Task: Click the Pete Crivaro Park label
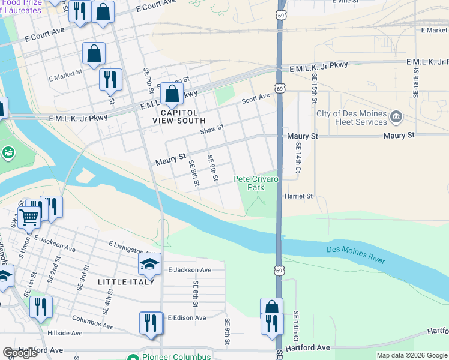click(x=256, y=183)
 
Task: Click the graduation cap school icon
click(x=149, y=264)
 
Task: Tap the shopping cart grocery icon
click(x=28, y=217)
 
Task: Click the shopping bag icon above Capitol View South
click(x=172, y=94)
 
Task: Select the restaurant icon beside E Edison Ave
click(x=150, y=323)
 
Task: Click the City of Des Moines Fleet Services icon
click(x=396, y=116)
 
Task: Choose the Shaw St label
click(x=212, y=128)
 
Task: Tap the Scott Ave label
click(x=256, y=99)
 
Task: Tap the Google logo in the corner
click(x=20, y=353)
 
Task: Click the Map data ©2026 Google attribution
click(x=411, y=355)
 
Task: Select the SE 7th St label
click(x=147, y=79)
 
